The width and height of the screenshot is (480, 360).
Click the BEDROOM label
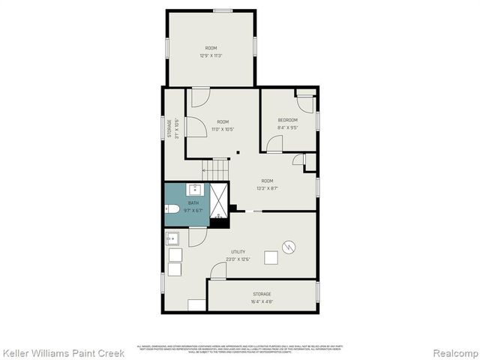[x=287, y=120]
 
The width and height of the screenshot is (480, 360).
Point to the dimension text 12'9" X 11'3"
[x=211, y=55]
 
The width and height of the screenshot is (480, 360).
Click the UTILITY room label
[x=238, y=251]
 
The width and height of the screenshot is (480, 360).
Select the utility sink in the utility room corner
[x=171, y=239]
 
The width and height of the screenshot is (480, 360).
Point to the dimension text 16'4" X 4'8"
[x=262, y=301]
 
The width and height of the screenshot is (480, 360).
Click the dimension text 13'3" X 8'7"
[x=267, y=188]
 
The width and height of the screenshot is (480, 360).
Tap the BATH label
[x=193, y=203]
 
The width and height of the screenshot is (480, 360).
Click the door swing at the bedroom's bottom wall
[x=274, y=145]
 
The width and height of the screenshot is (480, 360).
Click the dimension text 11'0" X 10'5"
[x=223, y=129]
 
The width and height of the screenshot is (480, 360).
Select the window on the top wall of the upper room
[x=222, y=10]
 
